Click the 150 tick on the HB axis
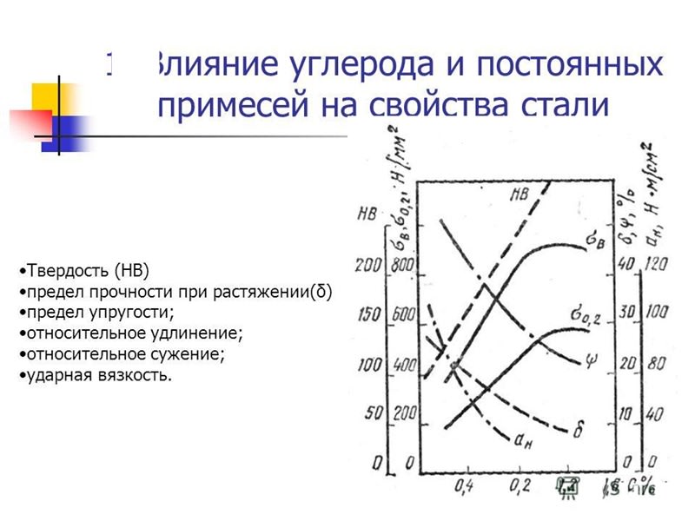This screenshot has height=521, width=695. [369, 314]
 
